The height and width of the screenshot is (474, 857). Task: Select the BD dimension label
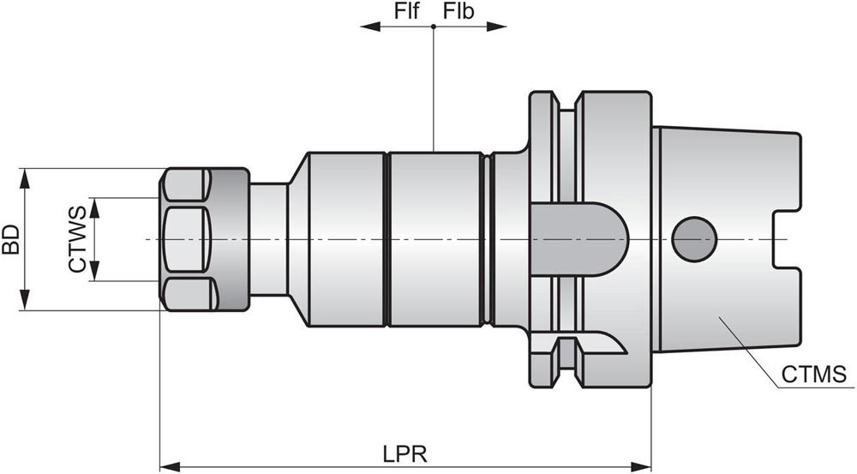click(11, 240)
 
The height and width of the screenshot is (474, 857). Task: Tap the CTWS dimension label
click(77, 239)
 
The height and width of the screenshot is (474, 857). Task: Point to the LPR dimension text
click(405, 452)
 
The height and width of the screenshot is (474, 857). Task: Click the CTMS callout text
click(813, 375)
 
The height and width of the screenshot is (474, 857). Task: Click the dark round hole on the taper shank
click(693, 239)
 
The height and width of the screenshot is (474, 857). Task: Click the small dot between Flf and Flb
click(434, 27)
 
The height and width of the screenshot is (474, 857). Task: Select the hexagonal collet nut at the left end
click(189, 239)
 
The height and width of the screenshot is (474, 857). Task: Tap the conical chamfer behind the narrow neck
click(297, 239)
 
